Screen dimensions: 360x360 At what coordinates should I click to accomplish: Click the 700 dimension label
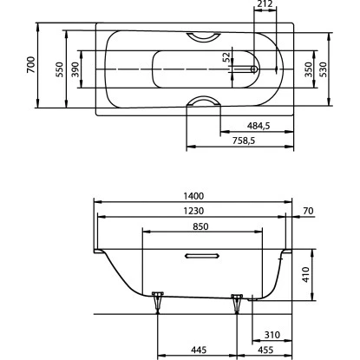coord(30,64)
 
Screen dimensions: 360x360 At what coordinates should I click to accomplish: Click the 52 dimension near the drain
coord(227,58)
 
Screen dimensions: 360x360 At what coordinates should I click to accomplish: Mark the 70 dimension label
coord(308,212)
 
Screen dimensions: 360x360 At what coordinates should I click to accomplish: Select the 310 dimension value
coord(271,334)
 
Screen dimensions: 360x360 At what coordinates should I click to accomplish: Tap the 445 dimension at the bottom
coord(197,350)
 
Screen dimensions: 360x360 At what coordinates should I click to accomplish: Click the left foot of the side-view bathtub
coord(157,300)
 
